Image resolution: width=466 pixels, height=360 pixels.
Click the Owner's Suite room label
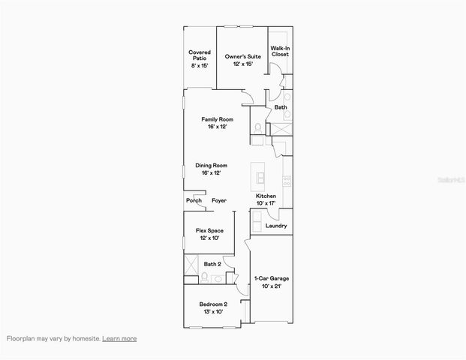pyautogui.click(x=242, y=57)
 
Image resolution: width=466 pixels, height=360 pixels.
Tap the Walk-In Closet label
pyautogui.click(x=280, y=51)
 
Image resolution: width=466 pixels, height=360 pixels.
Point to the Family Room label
pyautogui.click(x=217, y=120)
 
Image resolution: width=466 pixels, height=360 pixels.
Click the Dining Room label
pyautogui.click(x=211, y=166)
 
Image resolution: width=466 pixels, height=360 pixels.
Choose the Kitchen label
pyautogui.click(x=266, y=196)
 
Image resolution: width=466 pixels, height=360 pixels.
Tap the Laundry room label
pyautogui.click(x=276, y=225)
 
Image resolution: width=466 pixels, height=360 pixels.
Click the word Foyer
pyautogui.click(x=219, y=201)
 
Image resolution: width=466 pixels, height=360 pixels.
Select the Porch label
pyautogui.click(x=194, y=201)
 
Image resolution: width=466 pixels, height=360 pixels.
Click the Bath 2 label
pyautogui.click(x=212, y=264)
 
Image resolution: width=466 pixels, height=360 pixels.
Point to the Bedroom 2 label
pyautogui.click(x=212, y=304)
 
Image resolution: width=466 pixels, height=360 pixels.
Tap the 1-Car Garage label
pyautogui.click(x=271, y=278)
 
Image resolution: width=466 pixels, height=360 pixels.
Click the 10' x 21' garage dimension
pyautogui.click(x=271, y=286)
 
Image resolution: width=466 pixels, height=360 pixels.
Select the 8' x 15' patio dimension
pyautogui.click(x=199, y=65)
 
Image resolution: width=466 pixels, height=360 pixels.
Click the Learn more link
pyautogui.click(x=119, y=338)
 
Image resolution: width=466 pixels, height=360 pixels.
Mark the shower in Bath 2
pyautogui.click(x=192, y=264)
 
